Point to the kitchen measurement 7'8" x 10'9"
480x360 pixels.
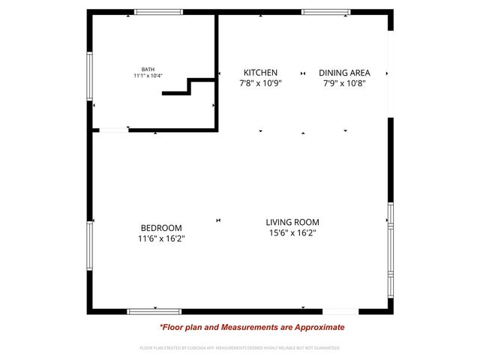260,83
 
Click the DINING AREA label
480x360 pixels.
344,73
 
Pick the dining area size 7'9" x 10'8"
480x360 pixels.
344,83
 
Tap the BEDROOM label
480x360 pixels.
161,228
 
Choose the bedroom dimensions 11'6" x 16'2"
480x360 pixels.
161,238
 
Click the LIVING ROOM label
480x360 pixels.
292,222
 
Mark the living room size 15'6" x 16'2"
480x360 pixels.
292,232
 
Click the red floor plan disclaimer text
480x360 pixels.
252,327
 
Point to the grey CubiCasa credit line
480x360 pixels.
240,348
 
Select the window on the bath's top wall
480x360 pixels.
158,12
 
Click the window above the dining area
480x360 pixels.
325,12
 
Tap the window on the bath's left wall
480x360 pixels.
89,76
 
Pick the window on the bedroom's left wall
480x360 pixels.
89,245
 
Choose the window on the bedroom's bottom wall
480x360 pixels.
154,310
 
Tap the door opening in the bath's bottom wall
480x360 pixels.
113,130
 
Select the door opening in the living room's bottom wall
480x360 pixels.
340,310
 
